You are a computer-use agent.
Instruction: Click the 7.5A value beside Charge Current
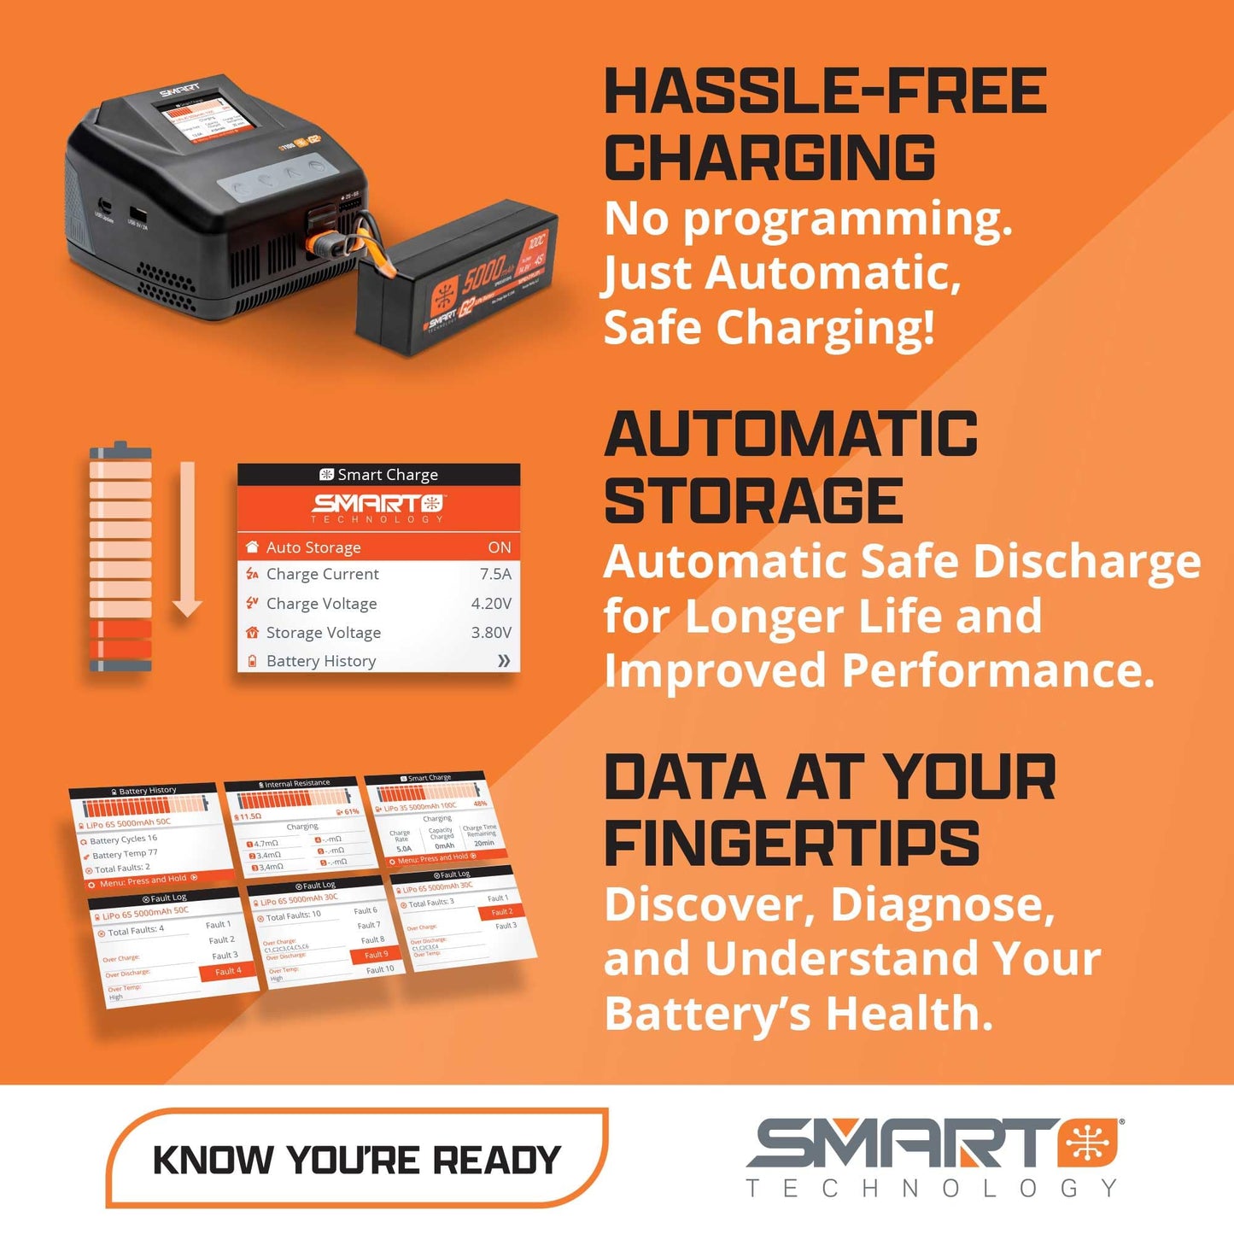(x=495, y=574)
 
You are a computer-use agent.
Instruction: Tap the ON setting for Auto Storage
(x=500, y=547)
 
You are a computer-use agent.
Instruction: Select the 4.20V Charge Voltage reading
(x=491, y=604)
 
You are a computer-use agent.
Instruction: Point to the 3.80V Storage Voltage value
(x=491, y=633)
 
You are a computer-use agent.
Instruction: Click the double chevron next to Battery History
(x=504, y=661)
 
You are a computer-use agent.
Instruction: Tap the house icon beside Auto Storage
(x=252, y=547)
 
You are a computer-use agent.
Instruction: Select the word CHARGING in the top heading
(x=769, y=158)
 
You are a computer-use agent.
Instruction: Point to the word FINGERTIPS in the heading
(x=792, y=845)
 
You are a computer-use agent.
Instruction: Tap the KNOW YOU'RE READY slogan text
(x=356, y=1161)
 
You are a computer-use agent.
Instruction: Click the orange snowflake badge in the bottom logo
(x=1089, y=1143)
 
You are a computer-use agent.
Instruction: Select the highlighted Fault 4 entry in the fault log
(x=228, y=971)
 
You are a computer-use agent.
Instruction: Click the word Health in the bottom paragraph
(x=909, y=1014)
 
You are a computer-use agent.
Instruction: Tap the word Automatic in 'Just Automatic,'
(x=833, y=273)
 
